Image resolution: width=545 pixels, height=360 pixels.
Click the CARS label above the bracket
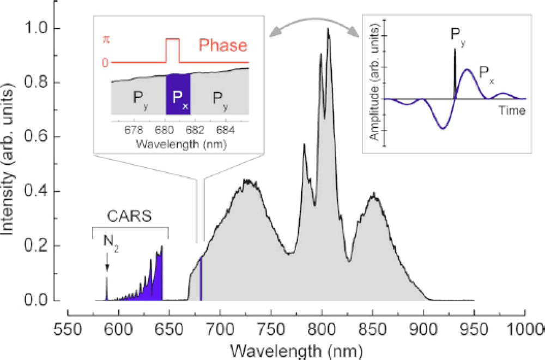(x=130, y=217)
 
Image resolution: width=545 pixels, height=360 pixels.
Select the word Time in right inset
(x=512, y=111)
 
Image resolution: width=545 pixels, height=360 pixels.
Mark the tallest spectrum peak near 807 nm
(x=328, y=31)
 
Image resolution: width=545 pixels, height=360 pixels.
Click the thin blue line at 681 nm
(x=201, y=278)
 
